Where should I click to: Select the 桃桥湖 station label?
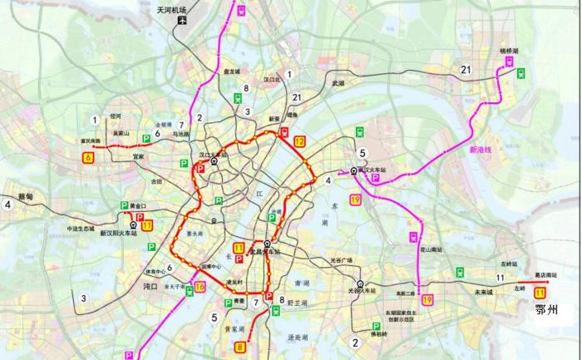[510, 52]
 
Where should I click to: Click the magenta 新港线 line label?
[481, 150]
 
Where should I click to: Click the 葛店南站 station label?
[545, 274]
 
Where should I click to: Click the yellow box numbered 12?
[299, 141]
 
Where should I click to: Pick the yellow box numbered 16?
[200, 288]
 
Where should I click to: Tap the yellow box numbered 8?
[240, 347]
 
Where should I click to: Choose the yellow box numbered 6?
[87, 155]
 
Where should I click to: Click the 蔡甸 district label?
[25, 196]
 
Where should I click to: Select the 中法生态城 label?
[81, 229]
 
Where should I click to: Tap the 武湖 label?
[338, 84]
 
